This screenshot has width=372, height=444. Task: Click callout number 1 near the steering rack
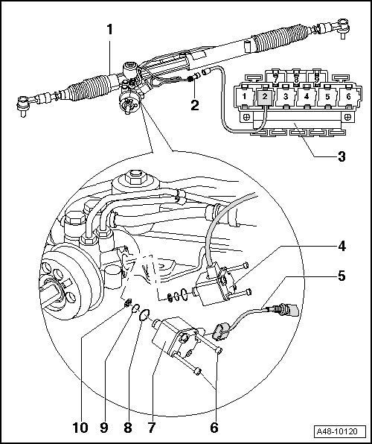(109, 31)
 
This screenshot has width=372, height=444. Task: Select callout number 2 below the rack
(194, 105)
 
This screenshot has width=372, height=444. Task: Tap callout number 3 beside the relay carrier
(341, 156)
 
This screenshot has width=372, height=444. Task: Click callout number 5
(341, 276)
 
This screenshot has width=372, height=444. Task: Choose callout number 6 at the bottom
(215, 428)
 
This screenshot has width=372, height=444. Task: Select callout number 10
(80, 428)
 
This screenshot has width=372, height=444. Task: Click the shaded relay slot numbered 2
(263, 97)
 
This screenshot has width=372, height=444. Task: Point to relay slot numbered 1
(244, 97)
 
